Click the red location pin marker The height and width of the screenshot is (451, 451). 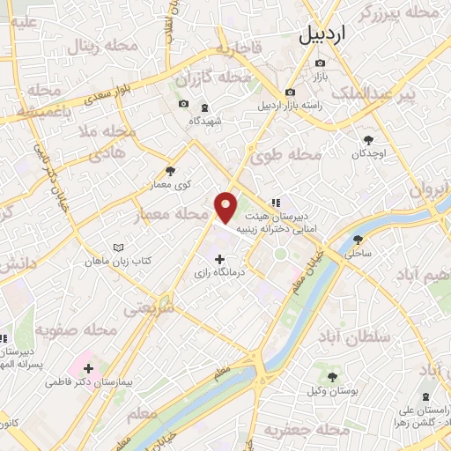coord(225,208)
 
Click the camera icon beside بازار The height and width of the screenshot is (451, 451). coord(320,63)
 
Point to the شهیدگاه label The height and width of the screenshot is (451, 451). coord(204,120)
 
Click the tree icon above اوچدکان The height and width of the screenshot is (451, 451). coord(368,139)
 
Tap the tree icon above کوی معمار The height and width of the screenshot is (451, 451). coord(170,171)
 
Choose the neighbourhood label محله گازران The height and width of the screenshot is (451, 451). coord(207,79)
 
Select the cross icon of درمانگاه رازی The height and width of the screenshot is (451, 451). coord(219,259)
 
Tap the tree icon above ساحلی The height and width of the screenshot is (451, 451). coord(358,239)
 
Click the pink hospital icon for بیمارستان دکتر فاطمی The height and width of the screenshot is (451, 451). coord(88,365)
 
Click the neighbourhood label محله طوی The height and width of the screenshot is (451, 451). coord(287,156)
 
